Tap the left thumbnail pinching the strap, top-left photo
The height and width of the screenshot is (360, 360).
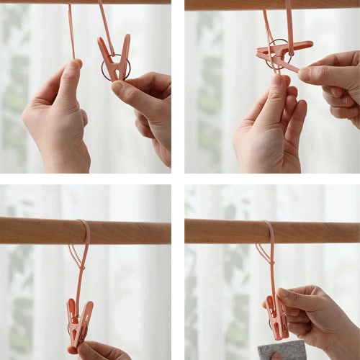point(73,66)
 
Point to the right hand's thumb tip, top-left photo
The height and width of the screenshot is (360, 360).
point(118,87)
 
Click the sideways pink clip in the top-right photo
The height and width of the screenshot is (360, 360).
point(284,53)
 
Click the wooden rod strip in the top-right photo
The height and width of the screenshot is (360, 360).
point(271,4)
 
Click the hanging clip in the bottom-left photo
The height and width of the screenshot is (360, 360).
point(79,320)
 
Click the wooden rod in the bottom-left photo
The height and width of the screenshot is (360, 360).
point(43,231)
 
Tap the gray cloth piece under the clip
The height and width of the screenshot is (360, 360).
point(282,351)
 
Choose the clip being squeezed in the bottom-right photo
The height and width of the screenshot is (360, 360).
point(276,317)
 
